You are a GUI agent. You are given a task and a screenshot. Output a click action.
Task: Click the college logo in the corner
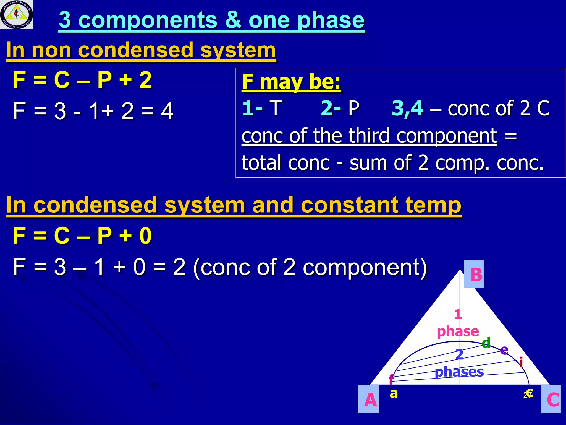pos(17,14)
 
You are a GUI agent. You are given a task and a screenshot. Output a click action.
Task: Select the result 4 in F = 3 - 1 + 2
pos(167,111)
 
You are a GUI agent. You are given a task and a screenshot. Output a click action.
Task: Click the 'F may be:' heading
pos(291,82)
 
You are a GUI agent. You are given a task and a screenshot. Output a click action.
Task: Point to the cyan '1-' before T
pos(252,108)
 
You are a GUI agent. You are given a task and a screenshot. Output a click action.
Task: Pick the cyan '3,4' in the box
pos(407,108)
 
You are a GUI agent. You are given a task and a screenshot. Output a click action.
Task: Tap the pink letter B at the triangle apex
pos(476,274)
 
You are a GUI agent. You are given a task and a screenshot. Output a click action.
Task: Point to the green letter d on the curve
pos(486,343)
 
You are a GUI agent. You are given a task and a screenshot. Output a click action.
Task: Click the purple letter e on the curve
pos(504,350)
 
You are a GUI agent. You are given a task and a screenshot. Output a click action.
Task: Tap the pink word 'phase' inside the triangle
pos(458,331)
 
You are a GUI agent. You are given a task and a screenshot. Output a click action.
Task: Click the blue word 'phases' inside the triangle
pos(459,372)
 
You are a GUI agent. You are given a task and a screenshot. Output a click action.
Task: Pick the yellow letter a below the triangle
pos(394,393)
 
